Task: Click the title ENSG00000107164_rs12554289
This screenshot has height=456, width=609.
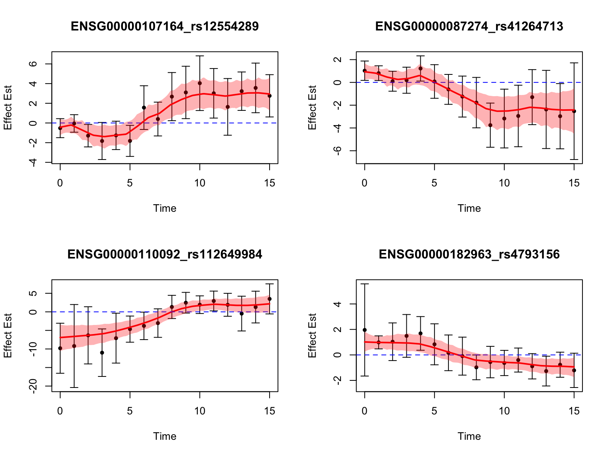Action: pos(165,27)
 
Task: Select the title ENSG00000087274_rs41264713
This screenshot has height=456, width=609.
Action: pos(469,27)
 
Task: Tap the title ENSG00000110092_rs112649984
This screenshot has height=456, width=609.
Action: pos(165,255)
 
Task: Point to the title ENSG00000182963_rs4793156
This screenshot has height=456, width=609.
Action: pos(469,255)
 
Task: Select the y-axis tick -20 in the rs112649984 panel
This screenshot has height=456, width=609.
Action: pos(34,386)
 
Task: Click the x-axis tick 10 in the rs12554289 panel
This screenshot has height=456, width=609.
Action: pos(199,183)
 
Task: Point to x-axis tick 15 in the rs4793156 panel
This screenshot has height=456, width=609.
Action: pos(574,411)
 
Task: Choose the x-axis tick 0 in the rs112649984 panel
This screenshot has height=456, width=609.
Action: pos(60,411)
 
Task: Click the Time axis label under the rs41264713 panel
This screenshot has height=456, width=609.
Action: pos(469,209)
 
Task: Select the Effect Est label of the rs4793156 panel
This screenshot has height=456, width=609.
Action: pos(312,336)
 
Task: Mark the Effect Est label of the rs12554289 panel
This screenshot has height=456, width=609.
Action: pos(8,108)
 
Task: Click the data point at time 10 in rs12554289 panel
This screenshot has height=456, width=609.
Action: pos(200,83)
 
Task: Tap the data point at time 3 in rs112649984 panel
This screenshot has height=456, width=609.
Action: pos(102,353)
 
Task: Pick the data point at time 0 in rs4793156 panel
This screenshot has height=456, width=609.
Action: pos(365,330)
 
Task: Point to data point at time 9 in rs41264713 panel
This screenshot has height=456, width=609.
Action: pos(490,125)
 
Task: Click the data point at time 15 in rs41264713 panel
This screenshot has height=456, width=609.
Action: pos(574,111)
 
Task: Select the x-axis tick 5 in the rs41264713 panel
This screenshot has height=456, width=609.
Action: pos(434,183)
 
